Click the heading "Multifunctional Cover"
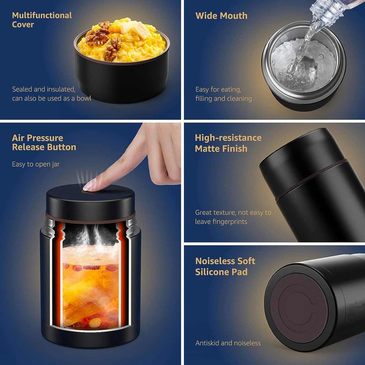point(42,20)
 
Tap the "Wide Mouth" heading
point(221,16)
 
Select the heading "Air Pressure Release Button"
point(44,142)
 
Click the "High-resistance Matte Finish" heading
point(228,143)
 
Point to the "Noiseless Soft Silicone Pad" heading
point(225,266)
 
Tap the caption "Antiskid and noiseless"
point(228,343)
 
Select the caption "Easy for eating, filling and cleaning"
point(223,94)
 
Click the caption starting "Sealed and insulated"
point(51,94)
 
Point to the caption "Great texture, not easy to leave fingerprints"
point(233,217)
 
